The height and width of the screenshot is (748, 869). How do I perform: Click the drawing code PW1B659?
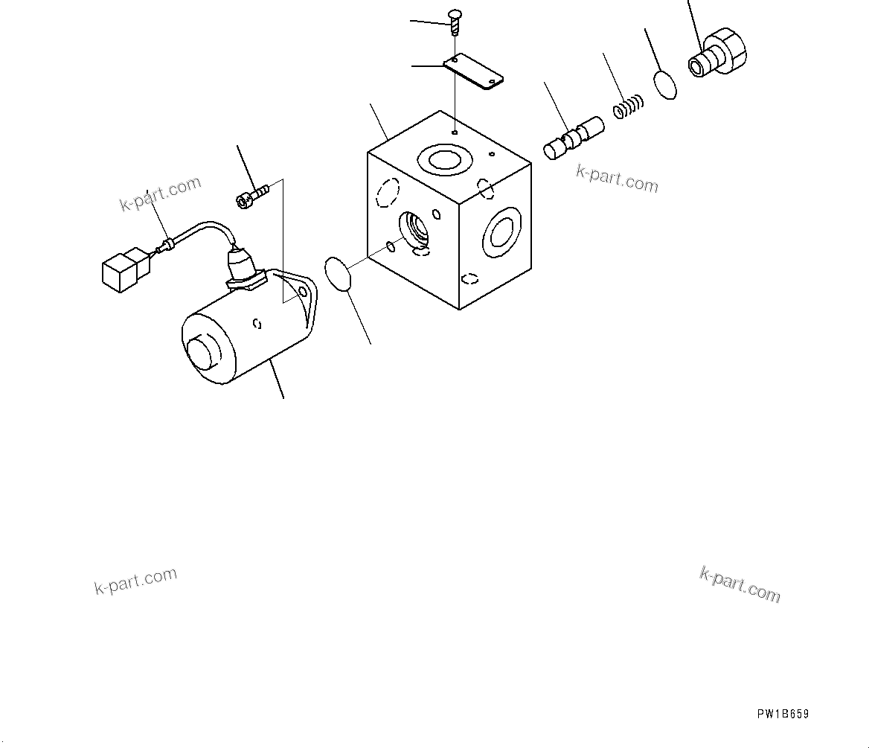click(x=783, y=715)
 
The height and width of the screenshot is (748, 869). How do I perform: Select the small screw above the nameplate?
click(x=453, y=21)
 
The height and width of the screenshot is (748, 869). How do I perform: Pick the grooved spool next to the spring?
click(x=574, y=138)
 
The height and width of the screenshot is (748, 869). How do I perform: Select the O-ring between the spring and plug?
click(x=666, y=84)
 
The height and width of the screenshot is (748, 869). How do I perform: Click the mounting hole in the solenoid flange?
click(x=303, y=294)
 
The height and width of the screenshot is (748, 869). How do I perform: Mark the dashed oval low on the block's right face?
click(x=469, y=279)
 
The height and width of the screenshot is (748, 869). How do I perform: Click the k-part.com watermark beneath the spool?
click(x=617, y=179)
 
